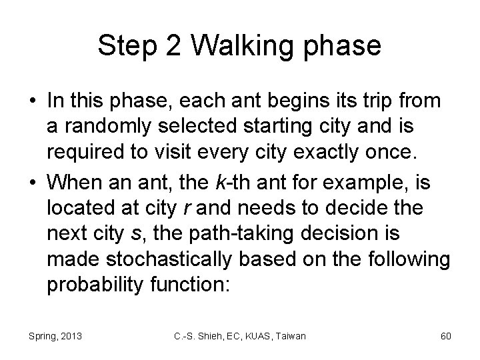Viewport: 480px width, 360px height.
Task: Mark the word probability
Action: pyautogui.click(x=89, y=286)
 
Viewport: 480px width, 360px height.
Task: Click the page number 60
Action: pyautogui.click(x=445, y=336)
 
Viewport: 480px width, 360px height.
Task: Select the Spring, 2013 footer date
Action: pyautogui.click(x=55, y=336)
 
